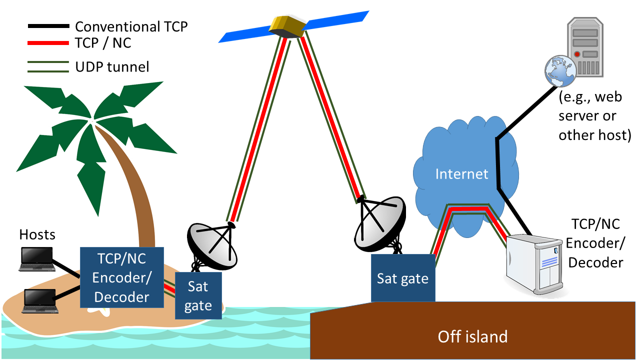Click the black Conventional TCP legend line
point(48,26)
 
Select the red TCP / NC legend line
point(48,43)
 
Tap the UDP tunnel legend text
point(112,67)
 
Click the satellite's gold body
point(287,27)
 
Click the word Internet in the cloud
point(461,173)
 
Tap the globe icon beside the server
point(560,71)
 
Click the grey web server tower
point(585,47)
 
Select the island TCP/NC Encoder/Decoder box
point(122,277)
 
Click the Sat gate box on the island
point(198,295)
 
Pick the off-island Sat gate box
point(403,278)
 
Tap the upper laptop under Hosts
point(37,259)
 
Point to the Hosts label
point(37,234)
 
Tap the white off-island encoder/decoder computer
point(534,264)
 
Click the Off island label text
point(472,336)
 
